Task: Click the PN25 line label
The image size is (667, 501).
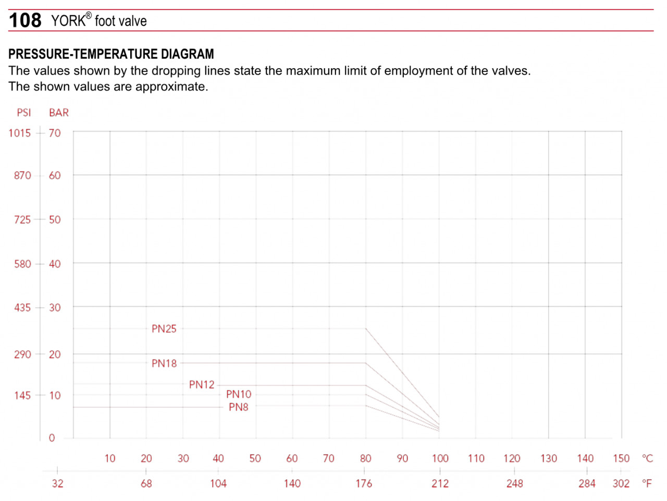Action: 164,329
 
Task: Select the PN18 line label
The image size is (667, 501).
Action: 164,363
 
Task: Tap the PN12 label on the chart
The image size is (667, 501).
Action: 202,385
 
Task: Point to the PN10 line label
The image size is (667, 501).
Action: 239,394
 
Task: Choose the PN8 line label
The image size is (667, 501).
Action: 239,407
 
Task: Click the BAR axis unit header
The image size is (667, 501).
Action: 59,113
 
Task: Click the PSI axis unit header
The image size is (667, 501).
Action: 24,113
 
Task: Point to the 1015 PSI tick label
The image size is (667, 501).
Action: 20,133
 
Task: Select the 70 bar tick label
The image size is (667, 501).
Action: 55,133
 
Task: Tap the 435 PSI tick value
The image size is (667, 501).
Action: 22,308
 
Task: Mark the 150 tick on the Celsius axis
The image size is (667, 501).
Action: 621,459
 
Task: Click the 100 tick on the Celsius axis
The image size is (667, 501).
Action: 440,459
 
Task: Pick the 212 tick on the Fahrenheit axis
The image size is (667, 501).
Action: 440,484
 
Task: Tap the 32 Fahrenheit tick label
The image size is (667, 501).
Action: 57,484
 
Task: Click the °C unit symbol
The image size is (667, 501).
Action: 647,459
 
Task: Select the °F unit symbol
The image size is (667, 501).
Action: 647,484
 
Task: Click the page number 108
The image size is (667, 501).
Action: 25,20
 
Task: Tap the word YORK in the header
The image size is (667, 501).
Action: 68,21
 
